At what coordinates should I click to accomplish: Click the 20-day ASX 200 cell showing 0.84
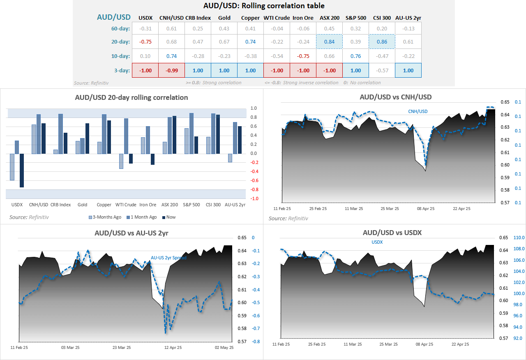coord(329,42)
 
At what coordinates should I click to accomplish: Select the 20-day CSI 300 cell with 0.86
coord(382,42)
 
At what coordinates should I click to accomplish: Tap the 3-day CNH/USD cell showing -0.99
coord(171,70)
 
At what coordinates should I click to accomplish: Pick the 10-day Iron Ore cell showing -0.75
coord(303,56)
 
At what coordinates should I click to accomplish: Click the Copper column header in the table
coord(250,18)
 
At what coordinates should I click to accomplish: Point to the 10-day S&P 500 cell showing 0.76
coord(355,56)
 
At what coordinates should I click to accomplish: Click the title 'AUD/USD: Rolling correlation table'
coord(264,6)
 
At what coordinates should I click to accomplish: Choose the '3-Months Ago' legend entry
coord(106,217)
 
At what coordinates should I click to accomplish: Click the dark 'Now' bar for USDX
coord(22,171)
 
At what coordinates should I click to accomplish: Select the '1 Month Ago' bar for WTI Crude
coord(126,136)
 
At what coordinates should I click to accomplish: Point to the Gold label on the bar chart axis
coord(82,205)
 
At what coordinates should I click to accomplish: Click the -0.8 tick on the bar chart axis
coord(254,189)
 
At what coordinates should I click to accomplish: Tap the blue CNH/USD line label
coord(418,111)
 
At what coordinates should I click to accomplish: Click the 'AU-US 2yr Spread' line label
coord(168,258)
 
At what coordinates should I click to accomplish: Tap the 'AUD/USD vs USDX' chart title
coord(392,233)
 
